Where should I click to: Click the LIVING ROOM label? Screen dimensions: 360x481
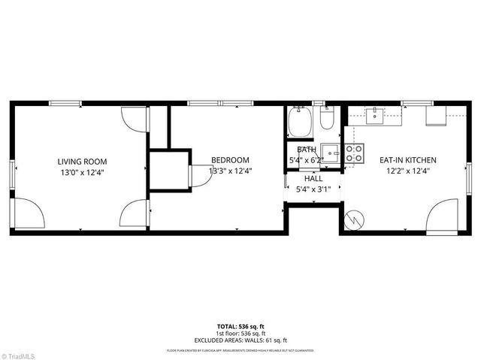(82, 161)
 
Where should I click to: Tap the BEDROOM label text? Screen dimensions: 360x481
(230, 160)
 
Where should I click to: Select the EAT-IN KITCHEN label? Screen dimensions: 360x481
(407, 160)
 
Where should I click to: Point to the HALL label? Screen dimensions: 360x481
(313, 179)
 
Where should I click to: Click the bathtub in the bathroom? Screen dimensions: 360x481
(300, 122)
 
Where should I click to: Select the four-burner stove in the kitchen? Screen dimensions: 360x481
(354, 153)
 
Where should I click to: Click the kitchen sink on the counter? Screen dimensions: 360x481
(375, 114)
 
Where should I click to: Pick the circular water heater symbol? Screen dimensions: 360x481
(353, 219)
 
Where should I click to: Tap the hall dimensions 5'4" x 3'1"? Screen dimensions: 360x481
(313, 189)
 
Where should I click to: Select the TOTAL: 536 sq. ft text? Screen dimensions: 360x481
(240, 326)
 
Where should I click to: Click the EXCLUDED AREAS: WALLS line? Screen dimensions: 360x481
(240, 340)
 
